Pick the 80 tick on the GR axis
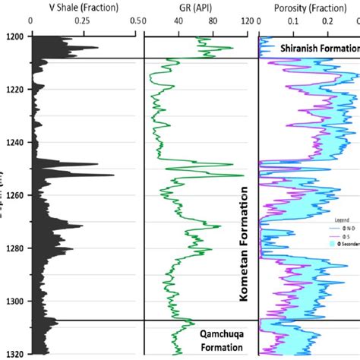point(212,22)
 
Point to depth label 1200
point(14,36)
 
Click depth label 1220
point(14,90)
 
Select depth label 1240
point(14,143)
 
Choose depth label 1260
point(14,195)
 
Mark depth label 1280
point(14,248)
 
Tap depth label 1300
point(14,302)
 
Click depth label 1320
point(14,354)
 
